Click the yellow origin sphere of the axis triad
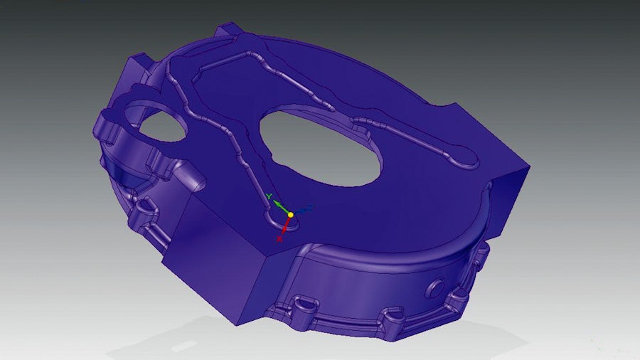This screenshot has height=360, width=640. [290, 214]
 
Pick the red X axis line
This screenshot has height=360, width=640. [286, 225]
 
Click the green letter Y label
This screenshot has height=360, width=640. [269, 196]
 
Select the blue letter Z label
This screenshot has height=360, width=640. [309, 208]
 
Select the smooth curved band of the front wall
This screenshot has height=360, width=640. [370, 274]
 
